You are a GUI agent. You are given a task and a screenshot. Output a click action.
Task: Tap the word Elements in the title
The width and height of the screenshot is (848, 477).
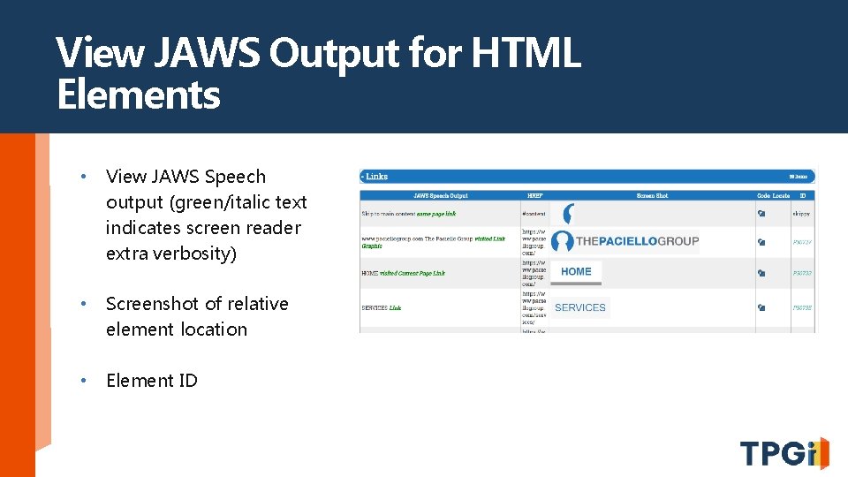[138, 95]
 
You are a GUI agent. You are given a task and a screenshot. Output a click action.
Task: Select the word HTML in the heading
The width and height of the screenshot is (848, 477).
[526, 54]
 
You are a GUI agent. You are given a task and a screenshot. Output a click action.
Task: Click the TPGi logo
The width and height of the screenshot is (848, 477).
[784, 452]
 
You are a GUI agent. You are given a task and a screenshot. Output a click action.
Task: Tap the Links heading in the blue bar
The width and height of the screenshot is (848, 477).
[375, 177]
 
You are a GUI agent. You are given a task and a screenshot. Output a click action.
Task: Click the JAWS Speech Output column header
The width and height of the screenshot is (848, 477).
[439, 195]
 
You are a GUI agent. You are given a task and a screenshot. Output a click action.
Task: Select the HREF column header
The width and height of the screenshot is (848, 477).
[534, 195]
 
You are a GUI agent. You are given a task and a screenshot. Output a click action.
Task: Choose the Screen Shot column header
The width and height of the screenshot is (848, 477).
[651, 195]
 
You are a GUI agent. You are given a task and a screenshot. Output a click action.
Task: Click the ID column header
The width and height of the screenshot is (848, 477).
[802, 195]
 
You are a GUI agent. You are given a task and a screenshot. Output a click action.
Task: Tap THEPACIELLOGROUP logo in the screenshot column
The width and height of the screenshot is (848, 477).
[625, 241]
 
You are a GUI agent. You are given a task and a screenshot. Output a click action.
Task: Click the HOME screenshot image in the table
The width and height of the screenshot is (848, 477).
[576, 272]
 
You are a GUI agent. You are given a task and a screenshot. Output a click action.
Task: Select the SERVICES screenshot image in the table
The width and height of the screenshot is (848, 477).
[579, 307]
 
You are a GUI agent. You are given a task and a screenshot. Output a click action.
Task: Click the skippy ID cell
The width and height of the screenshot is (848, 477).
[802, 214]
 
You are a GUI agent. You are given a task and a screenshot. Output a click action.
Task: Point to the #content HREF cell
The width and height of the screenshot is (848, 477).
[534, 214]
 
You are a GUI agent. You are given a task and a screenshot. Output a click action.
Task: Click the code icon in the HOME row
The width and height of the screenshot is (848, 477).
[761, 273]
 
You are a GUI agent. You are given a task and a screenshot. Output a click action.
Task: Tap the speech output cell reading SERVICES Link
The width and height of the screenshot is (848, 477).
[382, 307]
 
